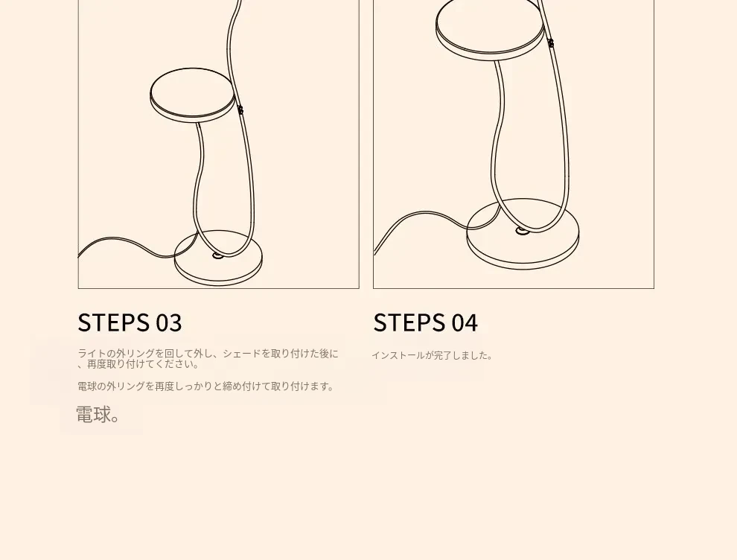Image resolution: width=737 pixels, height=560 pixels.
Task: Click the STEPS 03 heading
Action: [130, 322]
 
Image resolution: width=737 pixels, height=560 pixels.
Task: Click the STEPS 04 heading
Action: [425, 322]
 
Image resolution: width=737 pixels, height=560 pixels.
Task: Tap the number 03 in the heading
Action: [169, 323]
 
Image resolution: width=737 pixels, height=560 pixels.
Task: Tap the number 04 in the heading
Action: [465, 323]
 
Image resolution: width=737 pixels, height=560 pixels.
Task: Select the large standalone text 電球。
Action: [98, 415]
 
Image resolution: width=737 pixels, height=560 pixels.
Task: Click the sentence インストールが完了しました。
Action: [432, 355]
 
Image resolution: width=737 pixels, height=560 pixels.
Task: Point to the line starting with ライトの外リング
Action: [208, 354]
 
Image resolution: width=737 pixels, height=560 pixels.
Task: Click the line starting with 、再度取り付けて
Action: [138, 364]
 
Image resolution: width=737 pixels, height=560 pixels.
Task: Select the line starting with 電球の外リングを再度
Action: [206, 386]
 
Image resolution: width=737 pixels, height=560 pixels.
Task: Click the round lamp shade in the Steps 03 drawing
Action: [192, 95]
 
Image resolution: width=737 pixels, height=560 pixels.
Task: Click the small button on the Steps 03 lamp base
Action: [217, 255]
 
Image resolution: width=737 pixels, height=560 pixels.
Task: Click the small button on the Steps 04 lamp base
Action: [521, 230]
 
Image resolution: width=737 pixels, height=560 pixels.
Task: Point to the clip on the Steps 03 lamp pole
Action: [240, 110]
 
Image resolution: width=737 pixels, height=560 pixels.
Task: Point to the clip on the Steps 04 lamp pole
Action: [550, 43]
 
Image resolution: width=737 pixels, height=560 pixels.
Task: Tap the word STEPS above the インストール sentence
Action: [409, 322]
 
